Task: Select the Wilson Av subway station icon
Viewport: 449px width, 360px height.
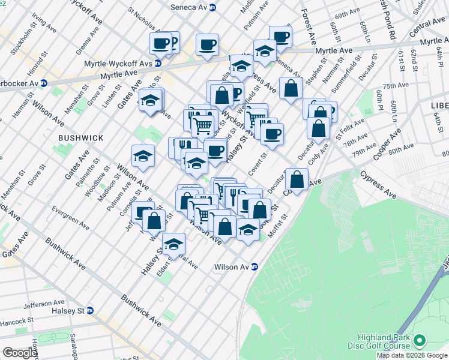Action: coord(255,267)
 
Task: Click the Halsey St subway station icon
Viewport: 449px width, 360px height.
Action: coord(90,310)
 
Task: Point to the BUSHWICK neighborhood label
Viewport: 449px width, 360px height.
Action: coord(80,138)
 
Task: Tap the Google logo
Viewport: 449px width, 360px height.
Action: coord(20,353)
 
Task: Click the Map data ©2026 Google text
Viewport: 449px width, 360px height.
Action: coord(412,355)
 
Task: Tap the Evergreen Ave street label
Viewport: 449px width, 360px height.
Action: coord(70,218)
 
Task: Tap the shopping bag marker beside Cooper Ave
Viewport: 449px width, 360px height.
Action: coord(297,179)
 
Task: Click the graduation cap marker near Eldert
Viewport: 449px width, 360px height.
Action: coord(174,244)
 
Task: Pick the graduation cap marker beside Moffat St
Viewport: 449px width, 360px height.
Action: coord(247,230)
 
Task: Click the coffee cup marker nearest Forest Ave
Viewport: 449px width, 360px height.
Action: coord(280,37)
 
